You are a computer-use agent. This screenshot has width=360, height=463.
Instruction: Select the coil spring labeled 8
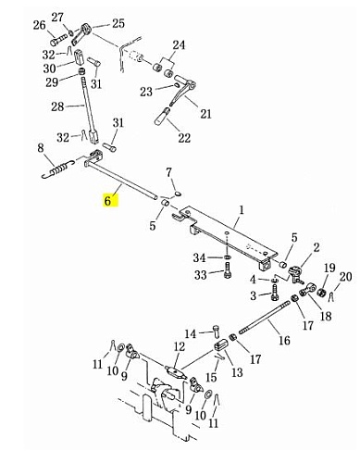(x=59, y=169)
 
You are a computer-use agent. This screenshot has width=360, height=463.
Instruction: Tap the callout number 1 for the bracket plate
(x=242, y=210)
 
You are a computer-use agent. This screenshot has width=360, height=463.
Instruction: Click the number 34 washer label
(x=199, y=257)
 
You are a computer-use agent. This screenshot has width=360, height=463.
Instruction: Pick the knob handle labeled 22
(x=162, y=115)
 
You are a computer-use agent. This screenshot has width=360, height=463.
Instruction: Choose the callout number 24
(x=179, y=45)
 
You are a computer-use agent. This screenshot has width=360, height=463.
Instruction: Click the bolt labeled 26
(x=58, y=40)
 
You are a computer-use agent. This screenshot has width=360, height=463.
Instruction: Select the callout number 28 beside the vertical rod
(x=57, y=106)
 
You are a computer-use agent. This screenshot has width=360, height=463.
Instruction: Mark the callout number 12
(x=179, y=347)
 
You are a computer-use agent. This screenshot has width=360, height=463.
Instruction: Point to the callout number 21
(x=206, y=113)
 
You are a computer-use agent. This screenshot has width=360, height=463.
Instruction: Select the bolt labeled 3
(x=275, y=293)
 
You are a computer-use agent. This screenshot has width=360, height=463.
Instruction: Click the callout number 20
(x=345, y=277)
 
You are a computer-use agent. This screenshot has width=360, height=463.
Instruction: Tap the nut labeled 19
(x=320, y=292)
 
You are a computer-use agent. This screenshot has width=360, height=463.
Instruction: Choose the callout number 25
(x=118, y=23)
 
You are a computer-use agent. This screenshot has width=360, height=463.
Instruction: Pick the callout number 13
(x=237, y=372)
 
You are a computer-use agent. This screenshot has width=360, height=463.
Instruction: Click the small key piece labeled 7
(x=178, y=194)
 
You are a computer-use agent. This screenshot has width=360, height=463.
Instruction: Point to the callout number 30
(x=49, y=69)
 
